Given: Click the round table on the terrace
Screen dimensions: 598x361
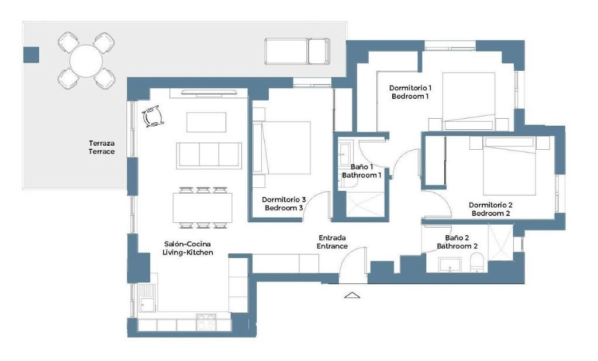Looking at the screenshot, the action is pos(86,61).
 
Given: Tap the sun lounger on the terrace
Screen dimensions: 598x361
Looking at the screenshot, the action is pos(297,51).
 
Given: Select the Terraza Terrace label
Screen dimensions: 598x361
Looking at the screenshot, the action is pos(102,147).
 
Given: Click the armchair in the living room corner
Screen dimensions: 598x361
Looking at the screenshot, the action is pos(153,116).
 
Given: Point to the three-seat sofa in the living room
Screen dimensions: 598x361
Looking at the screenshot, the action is pos(209,155).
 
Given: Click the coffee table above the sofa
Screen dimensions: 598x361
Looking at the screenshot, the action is pos(206,122).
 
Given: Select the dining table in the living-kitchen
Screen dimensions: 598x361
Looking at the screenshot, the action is pos(202,208).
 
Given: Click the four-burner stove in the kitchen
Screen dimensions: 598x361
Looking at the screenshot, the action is pos(206,322).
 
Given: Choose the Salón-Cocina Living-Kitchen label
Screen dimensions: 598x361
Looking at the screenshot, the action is pos(188,248).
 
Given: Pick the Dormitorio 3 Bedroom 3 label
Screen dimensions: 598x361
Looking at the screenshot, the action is pos(284,204).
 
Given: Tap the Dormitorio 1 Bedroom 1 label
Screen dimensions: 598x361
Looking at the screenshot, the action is pos(410,92).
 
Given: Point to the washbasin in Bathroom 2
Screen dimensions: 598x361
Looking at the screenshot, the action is pos(450,265).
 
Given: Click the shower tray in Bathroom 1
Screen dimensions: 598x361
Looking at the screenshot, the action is pos(365,205).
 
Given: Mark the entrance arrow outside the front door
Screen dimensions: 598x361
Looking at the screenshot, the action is pos(352,295).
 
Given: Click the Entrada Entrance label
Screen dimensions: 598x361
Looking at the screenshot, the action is pos(332,242).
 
